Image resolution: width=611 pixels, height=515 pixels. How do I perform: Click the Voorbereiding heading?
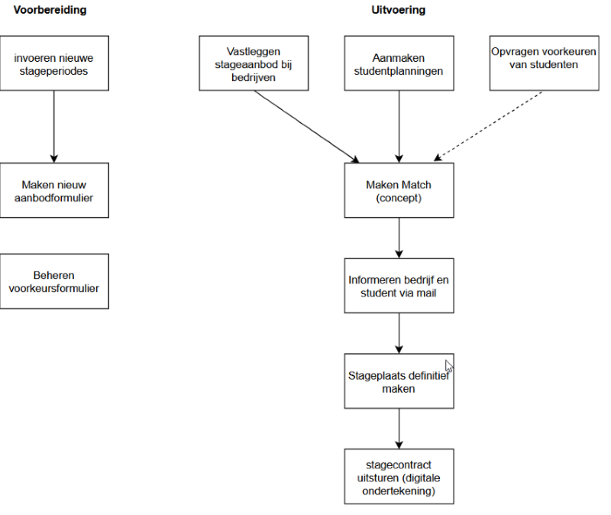coord(50,10)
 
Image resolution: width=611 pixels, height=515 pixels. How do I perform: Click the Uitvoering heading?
coord(398,10)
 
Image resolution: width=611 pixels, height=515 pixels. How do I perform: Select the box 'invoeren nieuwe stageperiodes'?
coord(54,63)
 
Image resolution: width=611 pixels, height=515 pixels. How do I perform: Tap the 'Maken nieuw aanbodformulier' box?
coord(54,190)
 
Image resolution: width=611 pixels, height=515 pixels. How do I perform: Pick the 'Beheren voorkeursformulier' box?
coord(54,281)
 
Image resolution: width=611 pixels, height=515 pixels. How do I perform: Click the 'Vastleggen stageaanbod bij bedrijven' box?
coord(254,63)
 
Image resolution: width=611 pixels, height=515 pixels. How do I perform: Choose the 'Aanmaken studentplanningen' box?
coord(399,63)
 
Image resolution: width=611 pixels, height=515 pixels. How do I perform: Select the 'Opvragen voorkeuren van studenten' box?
coord(544,63)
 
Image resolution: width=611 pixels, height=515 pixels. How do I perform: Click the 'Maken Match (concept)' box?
coord(399,190)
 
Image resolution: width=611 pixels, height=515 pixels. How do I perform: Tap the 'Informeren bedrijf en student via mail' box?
coord(399,286)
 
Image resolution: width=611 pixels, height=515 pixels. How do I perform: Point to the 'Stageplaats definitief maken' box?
coord(399,381)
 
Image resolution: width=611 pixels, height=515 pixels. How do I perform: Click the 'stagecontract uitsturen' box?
coord(399,476)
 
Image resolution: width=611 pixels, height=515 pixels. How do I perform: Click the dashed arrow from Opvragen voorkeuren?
coord(488,126)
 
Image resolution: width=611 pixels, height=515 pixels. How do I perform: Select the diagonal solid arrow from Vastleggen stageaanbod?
coord(307,127)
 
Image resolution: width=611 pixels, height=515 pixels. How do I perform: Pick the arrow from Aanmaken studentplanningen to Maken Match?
coord(399,127)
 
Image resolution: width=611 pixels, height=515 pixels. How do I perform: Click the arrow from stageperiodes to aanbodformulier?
coord(54,127)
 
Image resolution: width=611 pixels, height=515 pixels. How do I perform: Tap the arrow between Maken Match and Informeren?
coord(399,238)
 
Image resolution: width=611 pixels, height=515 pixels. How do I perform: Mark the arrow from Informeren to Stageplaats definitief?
coord(399,333)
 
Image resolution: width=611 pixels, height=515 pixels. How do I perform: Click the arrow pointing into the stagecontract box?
coord(399,429)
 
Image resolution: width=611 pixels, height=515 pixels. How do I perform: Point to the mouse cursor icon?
coord(449,366)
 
